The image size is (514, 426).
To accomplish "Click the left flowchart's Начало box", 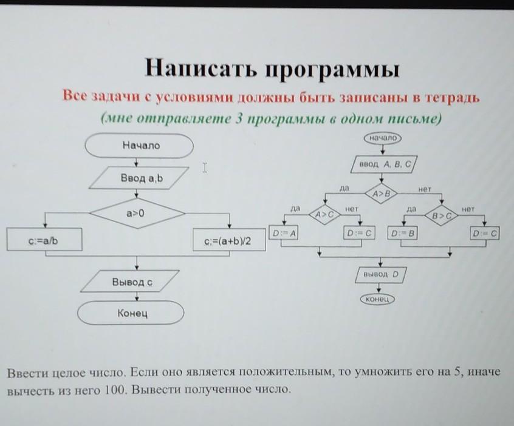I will [x=139, y=146].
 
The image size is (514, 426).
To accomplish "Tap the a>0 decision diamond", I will [x=138, y=214].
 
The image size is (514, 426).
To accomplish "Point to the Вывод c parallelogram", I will [x=132, y=282].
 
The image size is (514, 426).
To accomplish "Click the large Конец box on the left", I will [x=131, y=314].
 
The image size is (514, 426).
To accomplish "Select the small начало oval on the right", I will [x=382, y=138].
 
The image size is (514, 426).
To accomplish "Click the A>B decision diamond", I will [x=381, y=194].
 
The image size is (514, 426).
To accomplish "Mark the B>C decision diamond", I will [x=442, y=214].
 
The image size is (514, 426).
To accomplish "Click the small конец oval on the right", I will [x=378, y=299].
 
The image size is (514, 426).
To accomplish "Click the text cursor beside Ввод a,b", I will [x=205, y=167].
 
